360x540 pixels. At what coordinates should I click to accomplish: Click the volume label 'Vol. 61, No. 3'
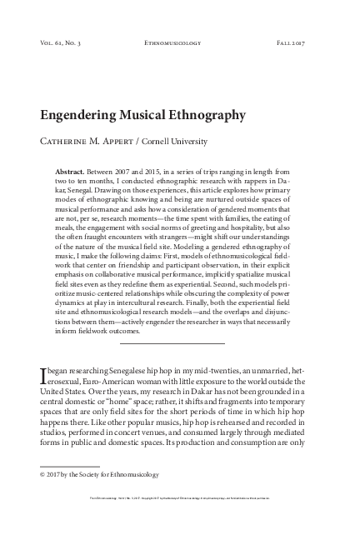[62, 41]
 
